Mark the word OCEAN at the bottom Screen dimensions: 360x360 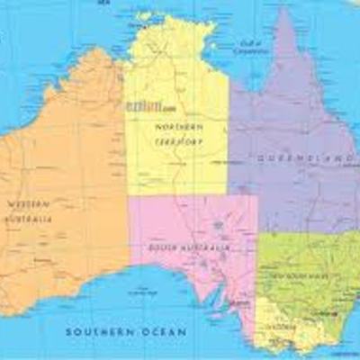(x=165, y=332)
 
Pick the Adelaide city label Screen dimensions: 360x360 (x=236, y=305)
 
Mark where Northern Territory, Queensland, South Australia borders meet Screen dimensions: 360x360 (x=229, y=193)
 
